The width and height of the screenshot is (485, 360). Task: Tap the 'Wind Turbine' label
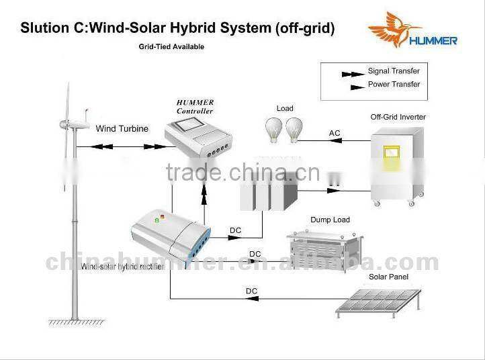pyautogui.click(x=122, y=128)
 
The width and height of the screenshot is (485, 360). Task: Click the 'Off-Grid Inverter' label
pyautogui.click(x=398, y=117)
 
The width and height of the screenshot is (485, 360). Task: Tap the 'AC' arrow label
pyautogui.click(x=335, y=133)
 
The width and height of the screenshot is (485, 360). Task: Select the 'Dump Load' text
pyautogui.click(x=330, y=220)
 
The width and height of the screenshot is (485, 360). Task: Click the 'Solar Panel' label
pyautogui.click(x=388, y=277)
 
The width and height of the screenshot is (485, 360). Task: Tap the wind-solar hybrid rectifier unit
pyautogui.click(x=171, y=235)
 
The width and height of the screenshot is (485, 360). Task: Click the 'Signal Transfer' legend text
pyautogui.click(x=394, y=71)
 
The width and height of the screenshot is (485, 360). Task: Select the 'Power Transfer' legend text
pyautogui.click(x=394, y=85)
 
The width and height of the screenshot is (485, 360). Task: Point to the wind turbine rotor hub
pyautogui.click(x=65, y=124)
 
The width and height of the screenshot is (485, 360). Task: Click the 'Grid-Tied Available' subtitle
pyautogui.click(x=171, y=47)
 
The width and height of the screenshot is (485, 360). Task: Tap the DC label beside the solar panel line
pyautogui.click(x=251, y=291)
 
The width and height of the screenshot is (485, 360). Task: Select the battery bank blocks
pyautogui.click(x=269, y=192)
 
